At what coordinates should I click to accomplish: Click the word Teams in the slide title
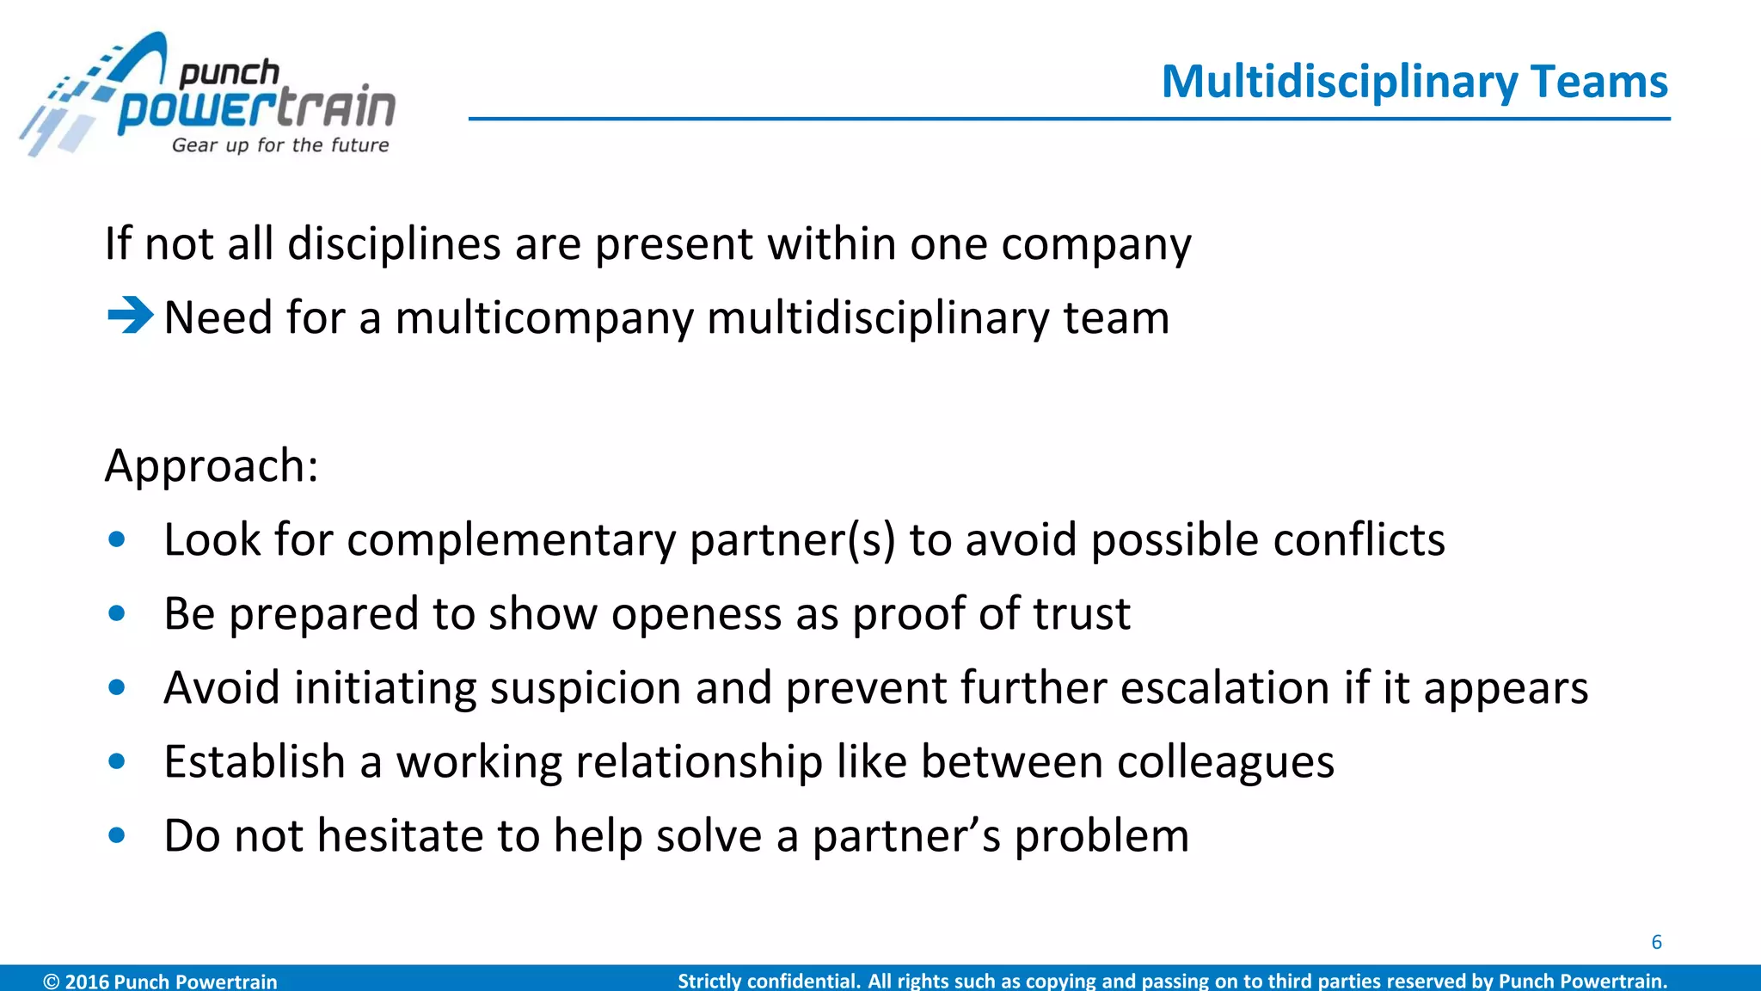tap(1599, 82)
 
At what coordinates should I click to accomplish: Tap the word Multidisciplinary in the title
tap(1339, 83)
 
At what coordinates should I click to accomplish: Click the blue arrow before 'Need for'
tap(130, 315)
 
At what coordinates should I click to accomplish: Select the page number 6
tap(1656, 942)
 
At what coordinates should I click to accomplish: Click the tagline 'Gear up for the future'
tap(280, 145)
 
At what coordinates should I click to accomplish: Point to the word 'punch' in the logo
tap(229, 74)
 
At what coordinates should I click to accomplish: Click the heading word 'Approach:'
tap(212, 467)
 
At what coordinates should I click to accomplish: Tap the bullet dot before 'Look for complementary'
tap(118, 540)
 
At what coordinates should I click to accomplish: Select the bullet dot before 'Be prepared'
tap(118, 614)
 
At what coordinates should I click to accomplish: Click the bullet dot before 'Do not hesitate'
tap(118, 835)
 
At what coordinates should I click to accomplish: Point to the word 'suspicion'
tap(586, 689)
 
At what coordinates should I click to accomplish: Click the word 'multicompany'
tap(544, 319)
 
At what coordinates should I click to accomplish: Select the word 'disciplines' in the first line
tap(394, 244)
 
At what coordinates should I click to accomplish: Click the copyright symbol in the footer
tap(52, 982)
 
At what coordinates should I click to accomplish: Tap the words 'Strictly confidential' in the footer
tap(769, 982)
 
